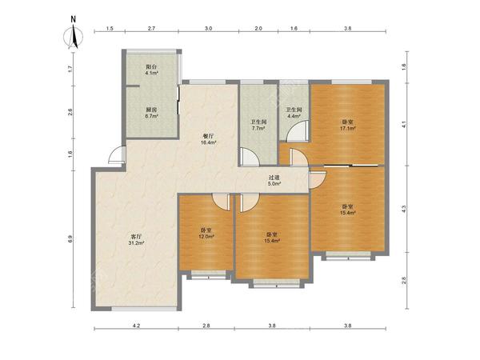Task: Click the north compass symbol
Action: point(73,34)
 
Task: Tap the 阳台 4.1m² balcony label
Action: point(151,70)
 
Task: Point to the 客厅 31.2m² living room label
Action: point(136,239)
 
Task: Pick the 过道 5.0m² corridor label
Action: point(274,181)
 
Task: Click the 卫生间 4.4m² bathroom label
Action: point(294,113)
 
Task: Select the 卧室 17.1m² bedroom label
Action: point(348,126)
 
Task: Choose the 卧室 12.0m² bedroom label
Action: point(206,234)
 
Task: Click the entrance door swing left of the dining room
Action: point(118,155)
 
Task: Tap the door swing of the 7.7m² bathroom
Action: point(250,157)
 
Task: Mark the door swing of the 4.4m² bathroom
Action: point(297,131)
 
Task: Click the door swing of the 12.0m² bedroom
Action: point(222,202)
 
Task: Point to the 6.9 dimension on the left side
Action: point(70,239)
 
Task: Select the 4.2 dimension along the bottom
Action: point(136,326)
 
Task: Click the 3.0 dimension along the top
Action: point(208,29)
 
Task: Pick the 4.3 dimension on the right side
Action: point(404,209)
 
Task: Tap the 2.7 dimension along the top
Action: point(151,29)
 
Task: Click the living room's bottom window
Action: point(144,309)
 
